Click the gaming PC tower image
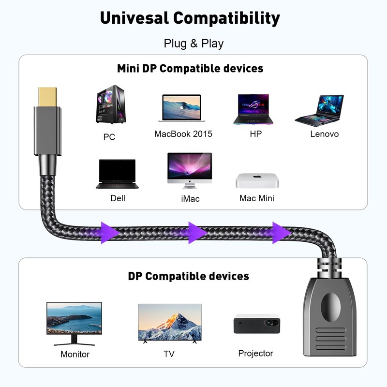(111, 104)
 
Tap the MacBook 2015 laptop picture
(182, 108)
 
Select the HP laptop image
(253, 109)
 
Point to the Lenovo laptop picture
(319, 111)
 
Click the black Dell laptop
(117, 174)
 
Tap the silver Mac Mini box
(257, 180)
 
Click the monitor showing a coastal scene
(74, 323)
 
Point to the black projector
(257, 324)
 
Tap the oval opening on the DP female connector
(330, 307)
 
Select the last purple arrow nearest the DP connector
(282, 233)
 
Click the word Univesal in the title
(134, 18)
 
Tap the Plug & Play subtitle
(194, 44)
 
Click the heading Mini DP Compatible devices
(190, 68)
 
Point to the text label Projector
(255, 354)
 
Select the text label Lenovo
(324, 134)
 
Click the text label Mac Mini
(257, 198)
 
